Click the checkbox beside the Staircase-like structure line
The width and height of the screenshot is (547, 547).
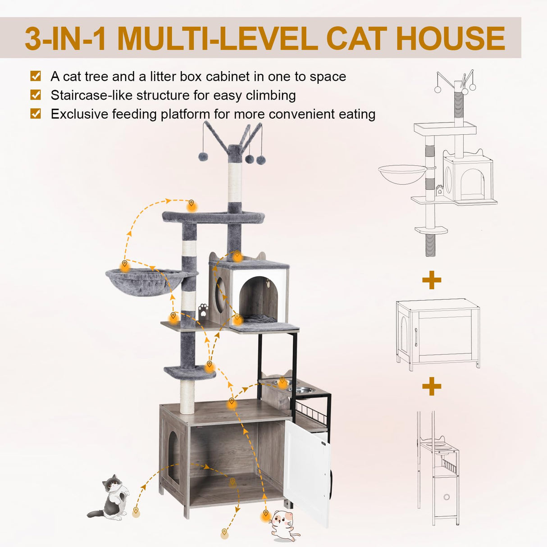click(36, 95)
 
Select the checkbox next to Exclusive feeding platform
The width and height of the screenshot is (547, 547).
click(36, 113)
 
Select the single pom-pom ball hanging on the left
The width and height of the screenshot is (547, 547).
click(203, 156)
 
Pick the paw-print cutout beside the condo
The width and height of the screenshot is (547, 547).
click(203, 310)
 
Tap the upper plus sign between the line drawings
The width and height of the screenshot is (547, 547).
click(431, 280)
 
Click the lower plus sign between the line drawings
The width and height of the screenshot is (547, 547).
click(431, 386)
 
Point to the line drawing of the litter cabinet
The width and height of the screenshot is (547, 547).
click(438, 333)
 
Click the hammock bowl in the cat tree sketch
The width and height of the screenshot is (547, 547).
click(402, 173)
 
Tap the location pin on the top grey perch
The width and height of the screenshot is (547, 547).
click(192, 205)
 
